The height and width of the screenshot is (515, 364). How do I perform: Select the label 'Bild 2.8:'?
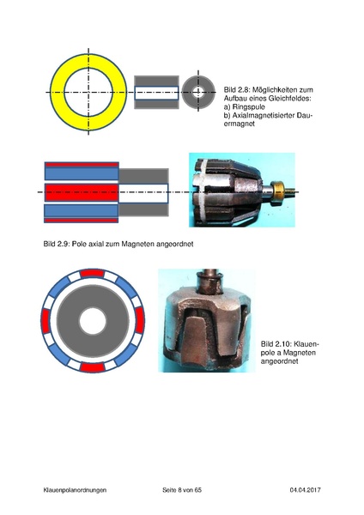(x=237, y=89)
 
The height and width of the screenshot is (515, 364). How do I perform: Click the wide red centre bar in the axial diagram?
(x=82, y=192)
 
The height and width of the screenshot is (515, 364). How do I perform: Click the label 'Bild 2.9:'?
(x=57, y=244)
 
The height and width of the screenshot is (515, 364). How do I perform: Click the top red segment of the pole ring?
(x=93, y=273)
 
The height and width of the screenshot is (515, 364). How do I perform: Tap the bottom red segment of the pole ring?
(x=93, y=367)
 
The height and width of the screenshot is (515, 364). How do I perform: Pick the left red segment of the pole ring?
(x=45, y=320)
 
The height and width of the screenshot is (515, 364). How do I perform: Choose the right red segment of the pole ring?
(x=140, y=320)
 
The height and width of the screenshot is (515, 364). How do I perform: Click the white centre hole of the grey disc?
(x=93, y=321)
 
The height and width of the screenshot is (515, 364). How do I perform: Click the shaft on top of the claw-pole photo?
(x=209, y=281)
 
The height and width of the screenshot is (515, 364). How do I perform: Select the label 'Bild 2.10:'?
(x=276, y=344)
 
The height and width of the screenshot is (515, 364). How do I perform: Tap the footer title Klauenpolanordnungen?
(x=75, y=490)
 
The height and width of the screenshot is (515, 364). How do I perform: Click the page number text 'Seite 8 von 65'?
(x=182, y=490)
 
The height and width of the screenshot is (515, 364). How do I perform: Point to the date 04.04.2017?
(x=306, y=490)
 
